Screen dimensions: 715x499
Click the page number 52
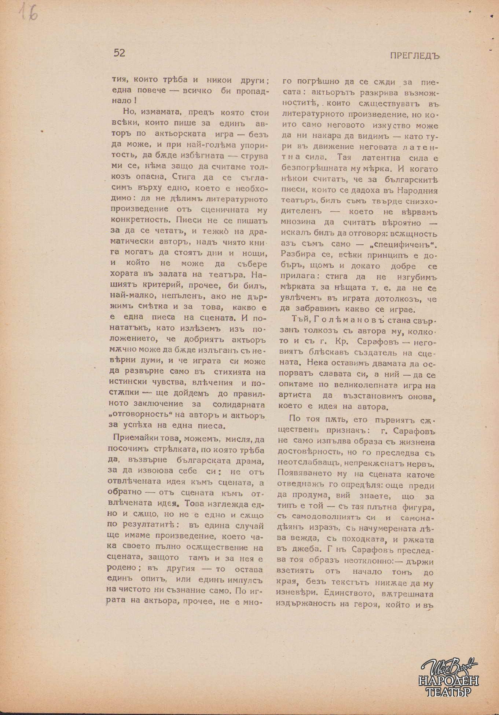point(120,53)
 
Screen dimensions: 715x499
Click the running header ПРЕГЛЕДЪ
point(415,56)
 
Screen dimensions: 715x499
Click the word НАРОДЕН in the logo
point(448,681)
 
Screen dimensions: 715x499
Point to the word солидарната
point(239,405)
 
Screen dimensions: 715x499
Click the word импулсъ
point(245,580)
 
